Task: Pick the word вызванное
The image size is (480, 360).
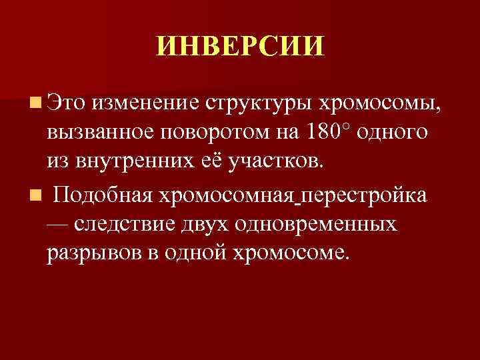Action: point(100,131)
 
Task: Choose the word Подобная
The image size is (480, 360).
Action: point(103,197)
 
